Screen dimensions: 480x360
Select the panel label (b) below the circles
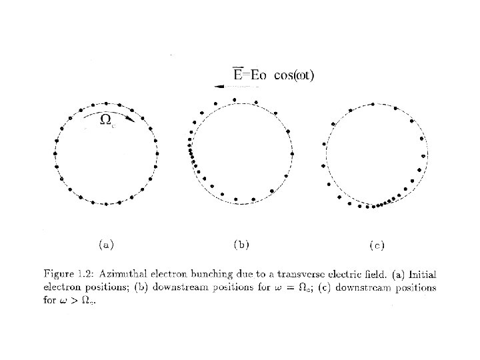[241, 244]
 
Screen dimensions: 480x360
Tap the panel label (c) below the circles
[377, 245]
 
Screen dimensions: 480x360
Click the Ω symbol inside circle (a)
[105, 120]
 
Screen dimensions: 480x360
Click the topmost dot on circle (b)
[234, 100]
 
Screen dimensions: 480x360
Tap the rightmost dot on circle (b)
[291, 154]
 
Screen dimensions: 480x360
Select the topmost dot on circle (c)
[372, 104]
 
